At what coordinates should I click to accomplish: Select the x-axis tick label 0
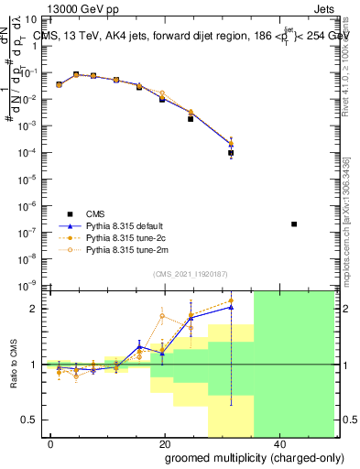pyautogui.click(x=51, y=443)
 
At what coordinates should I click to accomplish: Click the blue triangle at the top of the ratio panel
pyautogui.click(x=231, y=307)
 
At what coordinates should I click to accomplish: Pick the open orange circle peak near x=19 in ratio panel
pyautogui.click(x=163, y=316)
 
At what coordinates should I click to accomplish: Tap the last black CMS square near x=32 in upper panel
pyautogui.click(x=231, y=153)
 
